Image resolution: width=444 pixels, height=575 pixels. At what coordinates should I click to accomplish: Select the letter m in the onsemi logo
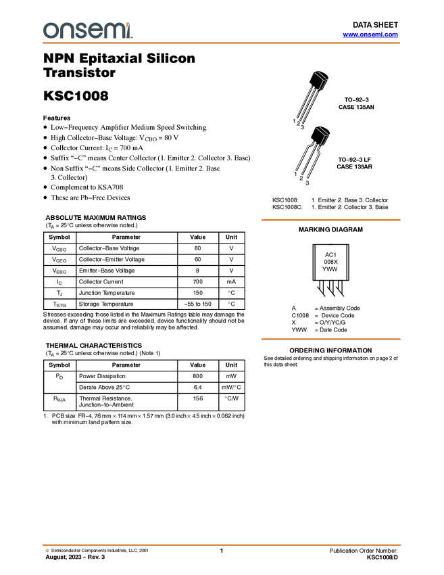[116, 30]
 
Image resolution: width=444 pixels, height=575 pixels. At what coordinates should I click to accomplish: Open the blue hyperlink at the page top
[370, 34]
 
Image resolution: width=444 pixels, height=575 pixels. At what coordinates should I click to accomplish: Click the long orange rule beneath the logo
[222, 43]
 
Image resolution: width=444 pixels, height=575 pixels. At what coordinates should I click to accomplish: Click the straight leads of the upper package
[306, 106]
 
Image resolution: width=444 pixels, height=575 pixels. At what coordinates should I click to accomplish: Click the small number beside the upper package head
[329, 80]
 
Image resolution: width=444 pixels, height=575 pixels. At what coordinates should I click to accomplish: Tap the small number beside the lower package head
[330, 135]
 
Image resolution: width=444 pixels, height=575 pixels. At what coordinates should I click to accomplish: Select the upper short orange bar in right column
[330, 220]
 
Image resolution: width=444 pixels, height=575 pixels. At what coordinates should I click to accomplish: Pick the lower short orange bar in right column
[330, 339]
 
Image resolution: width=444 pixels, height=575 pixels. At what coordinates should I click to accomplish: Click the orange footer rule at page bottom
[222, 545]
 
